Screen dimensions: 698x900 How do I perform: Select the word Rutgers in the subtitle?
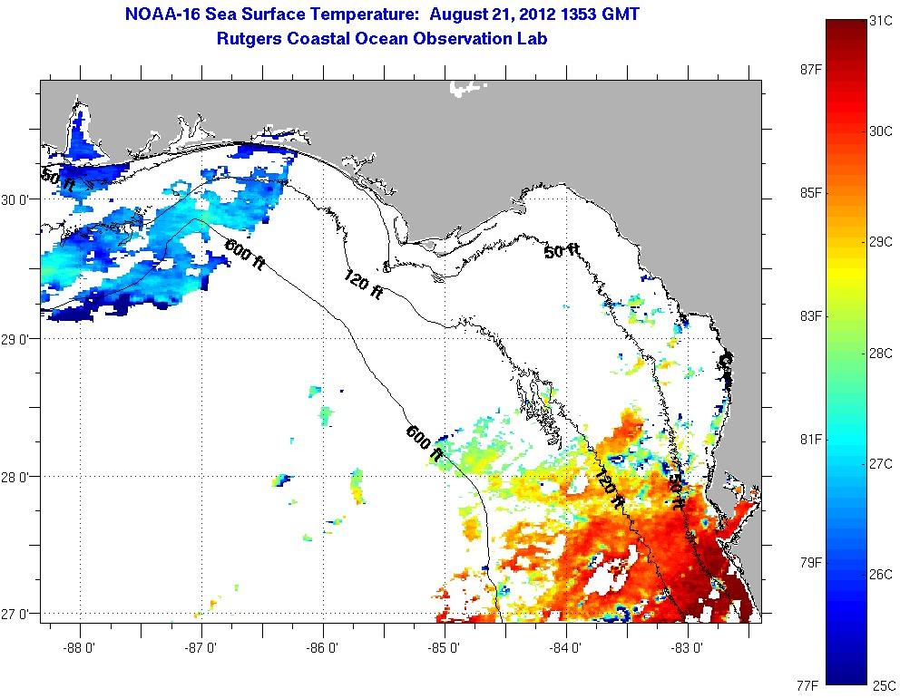click(249, 38)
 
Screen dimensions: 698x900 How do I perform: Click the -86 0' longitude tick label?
click(323, 647)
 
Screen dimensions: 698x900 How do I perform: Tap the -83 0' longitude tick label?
click(688, 647)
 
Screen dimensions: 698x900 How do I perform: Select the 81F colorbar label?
click(807, 440)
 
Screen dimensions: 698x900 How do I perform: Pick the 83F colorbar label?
click(807, 316)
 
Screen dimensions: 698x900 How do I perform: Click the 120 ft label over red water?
click(610, 474)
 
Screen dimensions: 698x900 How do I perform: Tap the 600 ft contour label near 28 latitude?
click(425, 443)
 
